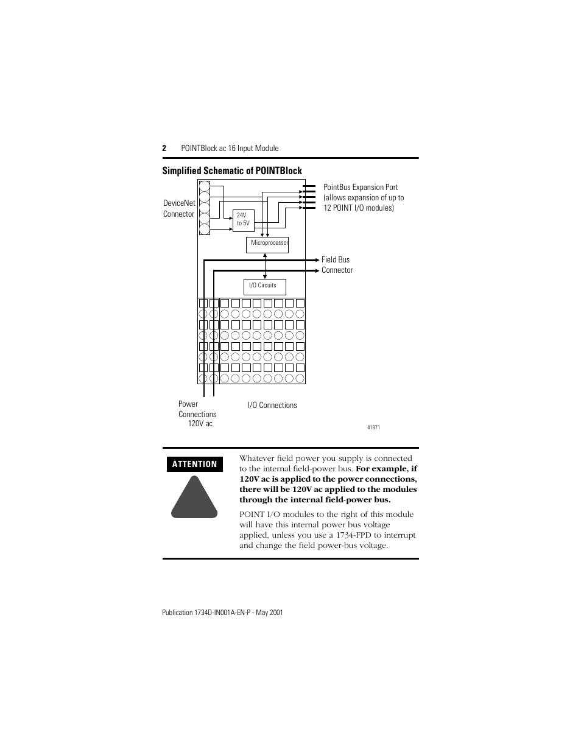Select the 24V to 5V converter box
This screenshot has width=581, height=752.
pyautogui.click(x=242, y=220)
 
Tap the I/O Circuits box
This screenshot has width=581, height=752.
pyautogui.click(x=264, y=286)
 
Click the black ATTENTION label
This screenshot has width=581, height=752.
pyautogui.click(x=194, y=464)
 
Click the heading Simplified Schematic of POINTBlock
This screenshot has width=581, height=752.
pyautogui.click(x=232, y=170)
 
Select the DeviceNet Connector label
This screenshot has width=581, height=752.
pyautogui.click(x=179, y=208)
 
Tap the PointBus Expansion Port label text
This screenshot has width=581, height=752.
pyautogui.click(x=364, y=197)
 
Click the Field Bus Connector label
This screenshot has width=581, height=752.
pyautogui.click(x=337, y=265)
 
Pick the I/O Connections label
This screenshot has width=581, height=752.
pyautogui.click(x=272, y=405)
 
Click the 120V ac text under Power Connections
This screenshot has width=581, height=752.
pyautogui.click(x=200, y=424)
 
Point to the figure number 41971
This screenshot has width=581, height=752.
pyautogui.click(x=373, y=427)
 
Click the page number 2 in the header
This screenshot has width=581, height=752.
pyautogui.click(x=164, y=148)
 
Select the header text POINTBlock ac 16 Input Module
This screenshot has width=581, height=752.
pyautogui.click(x=230, y=148)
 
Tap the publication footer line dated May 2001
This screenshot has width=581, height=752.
pyautogui.click(x=222, y=612)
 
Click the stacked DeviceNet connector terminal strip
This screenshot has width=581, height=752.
pyautogui.click(x=205, y=208)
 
